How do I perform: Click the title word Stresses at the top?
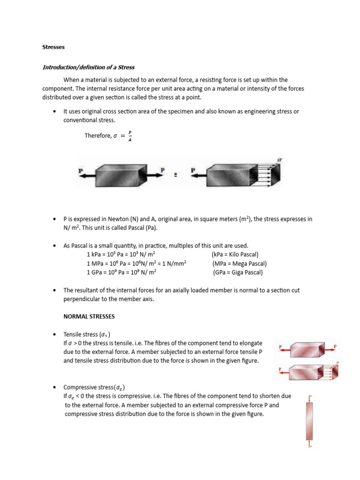(53, 47)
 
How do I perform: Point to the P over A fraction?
(130, 136)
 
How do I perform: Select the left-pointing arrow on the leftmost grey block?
(86, 172)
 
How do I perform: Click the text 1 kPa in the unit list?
(95, 255)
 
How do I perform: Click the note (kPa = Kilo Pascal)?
(238, 255)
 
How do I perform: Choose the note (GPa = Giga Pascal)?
(238, 272)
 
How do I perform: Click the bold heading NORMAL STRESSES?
(89, 316)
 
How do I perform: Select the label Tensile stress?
(81, 335)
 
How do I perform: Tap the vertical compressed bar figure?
(310, 421)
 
